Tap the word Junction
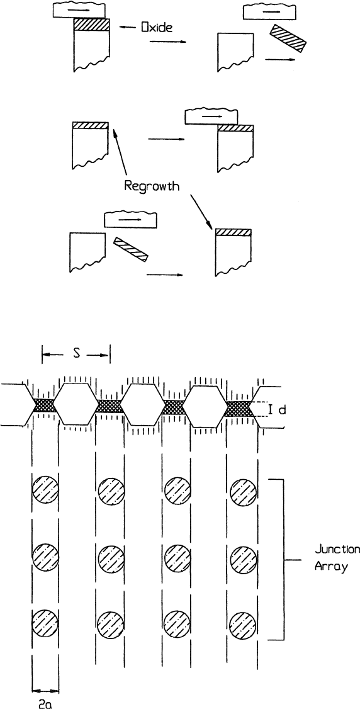click(x=337, y=550)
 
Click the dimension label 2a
click(x=46, y=703)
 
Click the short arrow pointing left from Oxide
click(x=128, y=28)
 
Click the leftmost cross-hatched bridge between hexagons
click(x=44, y=405)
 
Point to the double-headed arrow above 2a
click(x=46, y=691)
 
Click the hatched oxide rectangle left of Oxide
click(x=92, y=25)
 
